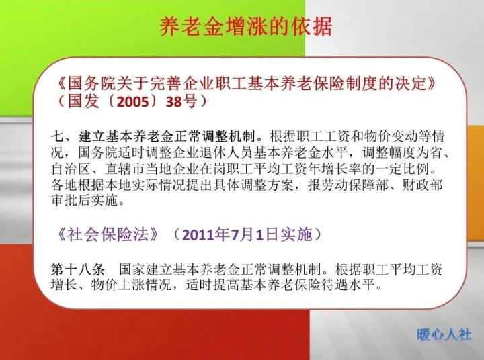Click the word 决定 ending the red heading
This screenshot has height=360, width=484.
tap(415, 85)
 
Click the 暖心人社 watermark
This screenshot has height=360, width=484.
tap(444, 334)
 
